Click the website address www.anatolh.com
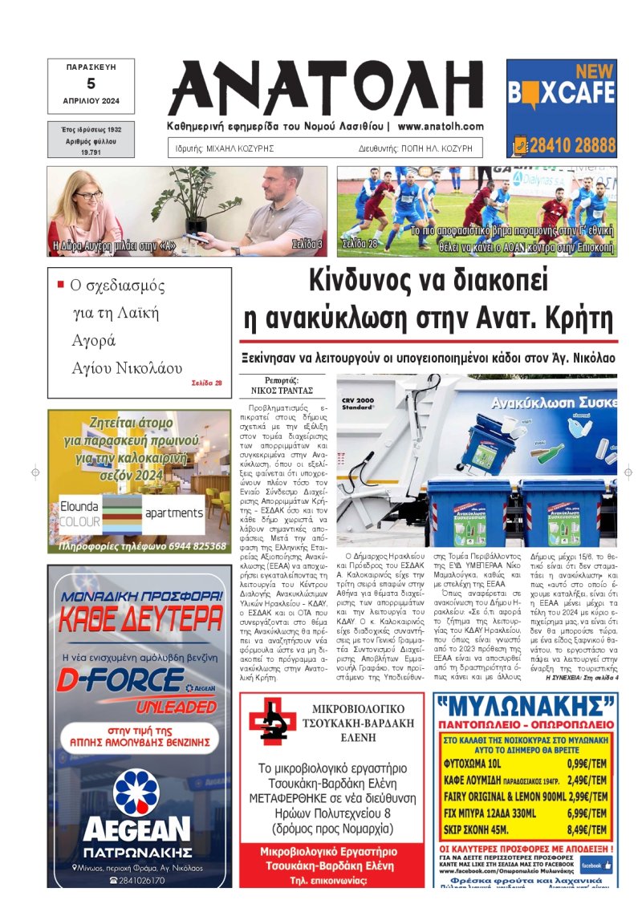441,127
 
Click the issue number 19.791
91,151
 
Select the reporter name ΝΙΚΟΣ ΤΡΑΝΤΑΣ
281,391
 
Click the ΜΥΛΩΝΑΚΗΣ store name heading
526,707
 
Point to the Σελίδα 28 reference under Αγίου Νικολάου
206,383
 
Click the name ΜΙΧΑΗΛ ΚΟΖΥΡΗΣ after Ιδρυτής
243,149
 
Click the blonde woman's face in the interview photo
87,196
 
